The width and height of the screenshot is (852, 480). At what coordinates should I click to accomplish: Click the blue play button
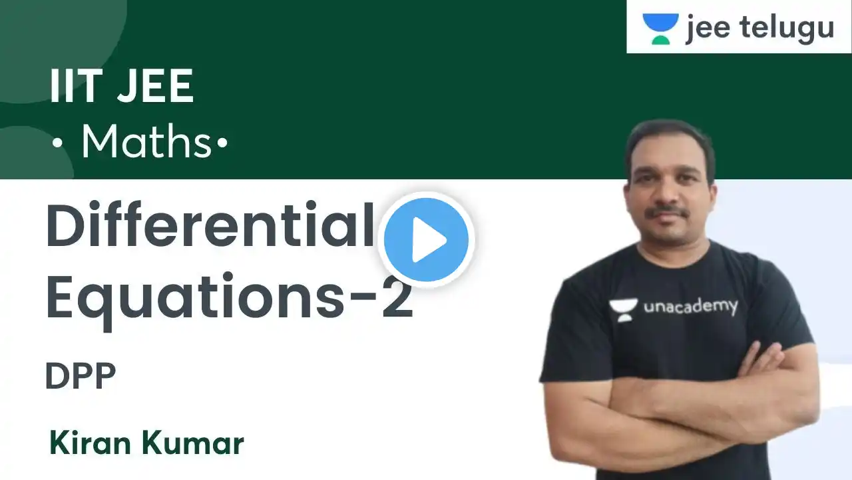(426, 239)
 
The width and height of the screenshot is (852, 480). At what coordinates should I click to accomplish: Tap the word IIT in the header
(75, 86)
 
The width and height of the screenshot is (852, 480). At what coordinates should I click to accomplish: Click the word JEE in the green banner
(156, 86)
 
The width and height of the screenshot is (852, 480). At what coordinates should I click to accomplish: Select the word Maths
(146, 141)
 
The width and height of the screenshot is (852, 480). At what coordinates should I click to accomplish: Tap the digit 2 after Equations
(397, 296)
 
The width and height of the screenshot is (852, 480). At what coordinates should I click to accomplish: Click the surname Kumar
(193, 443)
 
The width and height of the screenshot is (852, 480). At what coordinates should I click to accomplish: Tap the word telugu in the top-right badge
(787, 27)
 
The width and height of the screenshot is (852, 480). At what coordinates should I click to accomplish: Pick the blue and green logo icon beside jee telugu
(660, 29)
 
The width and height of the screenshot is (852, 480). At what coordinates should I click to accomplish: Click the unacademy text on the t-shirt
(691, 307)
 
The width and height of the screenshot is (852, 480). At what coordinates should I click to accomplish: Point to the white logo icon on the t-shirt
(622, 311)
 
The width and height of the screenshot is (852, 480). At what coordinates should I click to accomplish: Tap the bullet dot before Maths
(57, 143)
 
